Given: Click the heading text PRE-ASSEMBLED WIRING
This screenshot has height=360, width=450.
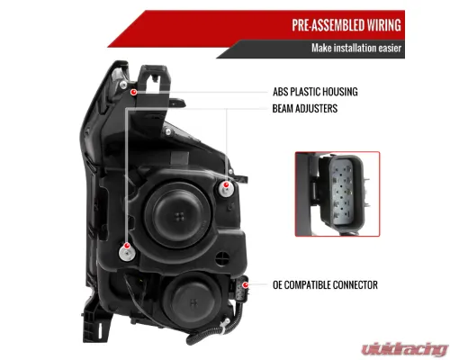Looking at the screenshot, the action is tap(346, 25).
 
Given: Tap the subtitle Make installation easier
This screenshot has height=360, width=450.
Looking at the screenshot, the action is tap(356, 48).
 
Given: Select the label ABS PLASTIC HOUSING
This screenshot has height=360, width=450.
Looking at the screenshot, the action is tap(315, 92).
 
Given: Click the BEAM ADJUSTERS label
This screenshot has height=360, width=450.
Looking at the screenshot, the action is tap(305, 109).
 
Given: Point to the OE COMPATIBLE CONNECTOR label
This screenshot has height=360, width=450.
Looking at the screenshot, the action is tap(325, 285).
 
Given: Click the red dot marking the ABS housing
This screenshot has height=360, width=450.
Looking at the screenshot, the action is tap(134, 92).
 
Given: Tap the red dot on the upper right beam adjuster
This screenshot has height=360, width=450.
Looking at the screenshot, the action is tap(226, 184).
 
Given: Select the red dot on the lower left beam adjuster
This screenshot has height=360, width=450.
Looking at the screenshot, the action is tap(127, 246).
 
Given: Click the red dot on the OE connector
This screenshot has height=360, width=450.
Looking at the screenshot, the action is tap(246, 284).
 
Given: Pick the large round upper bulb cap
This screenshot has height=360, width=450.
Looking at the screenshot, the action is tap(179, 214).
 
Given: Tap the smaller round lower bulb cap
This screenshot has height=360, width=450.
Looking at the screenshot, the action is tap(193, 301).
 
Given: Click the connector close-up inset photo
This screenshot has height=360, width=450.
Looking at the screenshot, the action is tap(337, 194).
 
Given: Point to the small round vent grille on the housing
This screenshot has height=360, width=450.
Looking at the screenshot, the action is tap(222, 258).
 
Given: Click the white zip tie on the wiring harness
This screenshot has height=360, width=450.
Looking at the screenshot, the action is tap(224, 324).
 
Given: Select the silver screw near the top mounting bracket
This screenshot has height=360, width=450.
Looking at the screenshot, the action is tap(123, 85).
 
